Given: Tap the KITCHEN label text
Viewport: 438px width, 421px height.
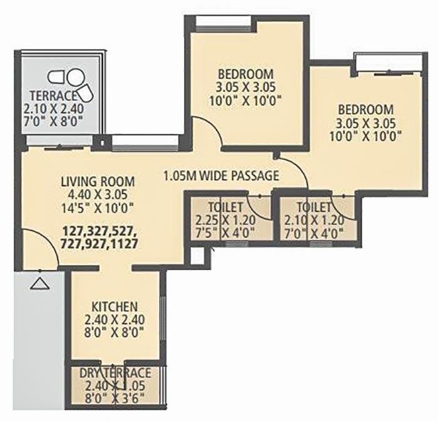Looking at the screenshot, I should tap(115, 307).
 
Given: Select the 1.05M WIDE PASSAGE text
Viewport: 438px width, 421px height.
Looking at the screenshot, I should tap(220, 175).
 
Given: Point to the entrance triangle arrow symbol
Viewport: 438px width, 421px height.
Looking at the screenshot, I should tap(39, 284).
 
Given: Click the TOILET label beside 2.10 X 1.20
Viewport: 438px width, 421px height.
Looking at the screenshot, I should tap(313, 207).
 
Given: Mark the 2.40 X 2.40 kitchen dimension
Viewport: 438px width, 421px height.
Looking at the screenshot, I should tap(115, 320).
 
